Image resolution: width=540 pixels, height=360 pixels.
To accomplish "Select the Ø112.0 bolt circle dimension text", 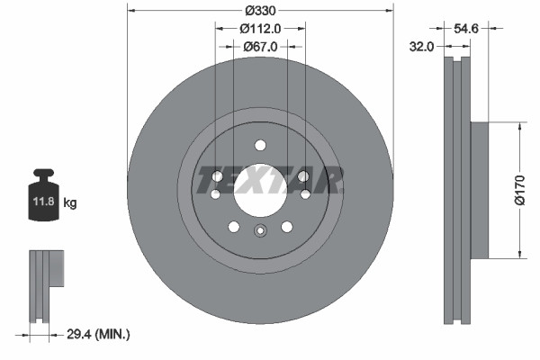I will pos(261,29).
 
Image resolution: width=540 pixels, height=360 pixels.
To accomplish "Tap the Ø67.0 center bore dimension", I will pos(260,47).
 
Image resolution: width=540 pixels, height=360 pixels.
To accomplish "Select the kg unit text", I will pos(70,203).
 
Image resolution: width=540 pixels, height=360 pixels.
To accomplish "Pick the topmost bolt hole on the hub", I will pos(260,145).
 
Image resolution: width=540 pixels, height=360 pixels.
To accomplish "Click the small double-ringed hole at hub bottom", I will pos(260,230).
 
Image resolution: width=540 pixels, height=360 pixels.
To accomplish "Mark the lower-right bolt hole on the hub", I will pos(287,227).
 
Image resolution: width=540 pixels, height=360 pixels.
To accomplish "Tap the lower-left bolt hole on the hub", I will pos(234,227).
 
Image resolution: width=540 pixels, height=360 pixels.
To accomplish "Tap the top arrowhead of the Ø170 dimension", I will pos(519,127).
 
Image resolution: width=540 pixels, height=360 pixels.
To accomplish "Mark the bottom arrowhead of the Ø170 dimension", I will pos(519,254).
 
